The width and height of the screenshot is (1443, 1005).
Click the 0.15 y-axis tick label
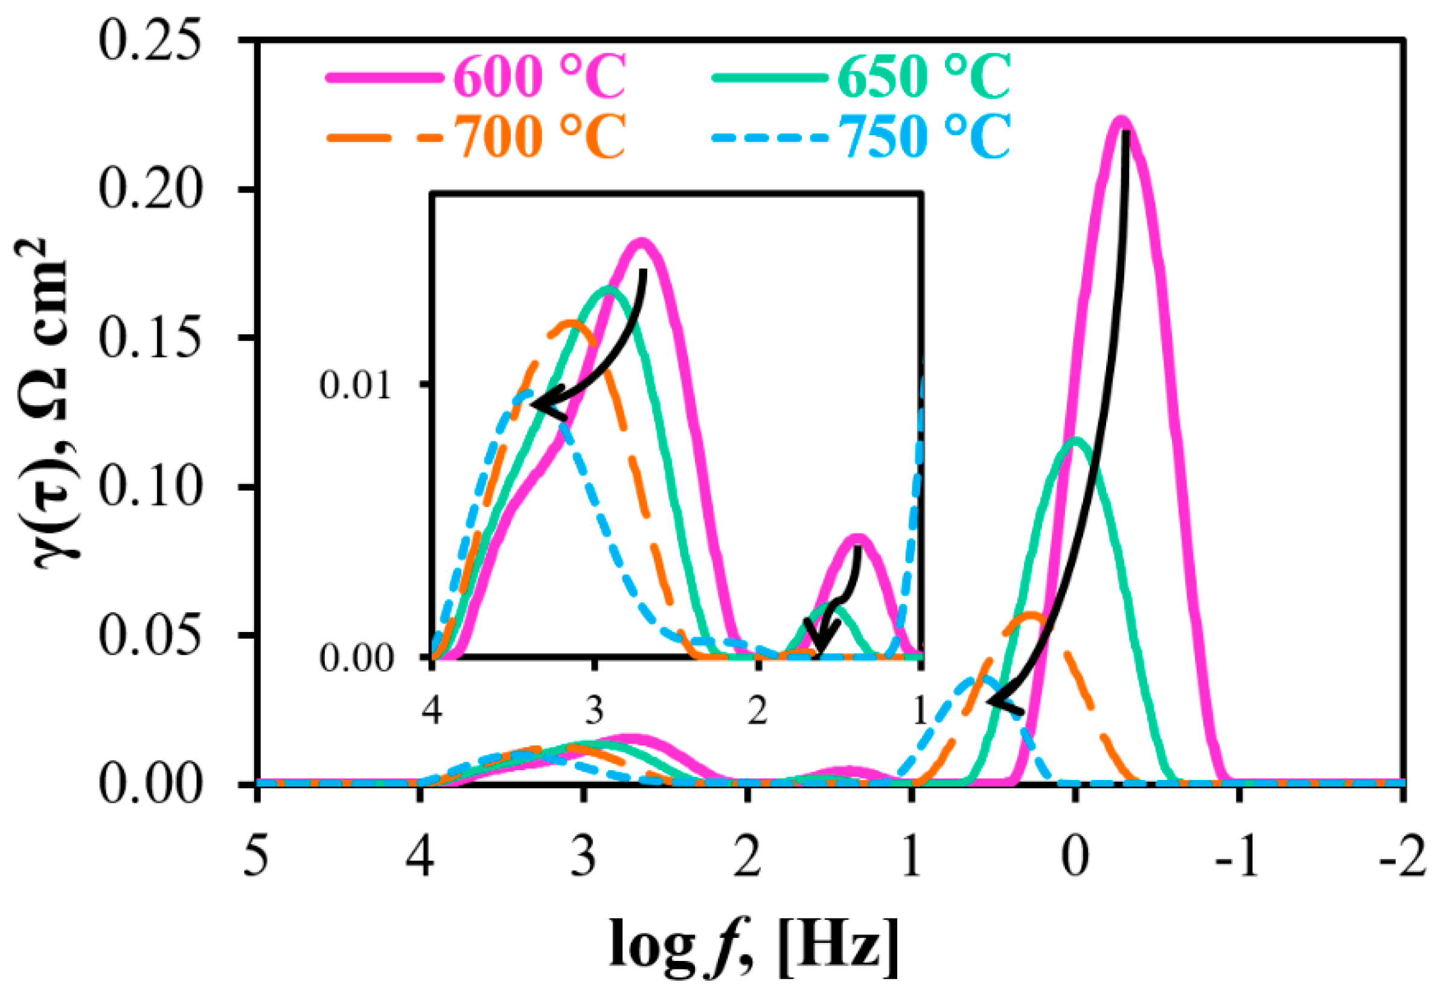tap(151, 339)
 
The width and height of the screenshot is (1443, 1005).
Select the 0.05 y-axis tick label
tap(151, 636)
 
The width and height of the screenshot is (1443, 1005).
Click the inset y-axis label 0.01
tap(355, 384)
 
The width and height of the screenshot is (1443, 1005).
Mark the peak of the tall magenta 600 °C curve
tap(1121, 120)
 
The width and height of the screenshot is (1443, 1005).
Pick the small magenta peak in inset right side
tap(857, 537)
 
